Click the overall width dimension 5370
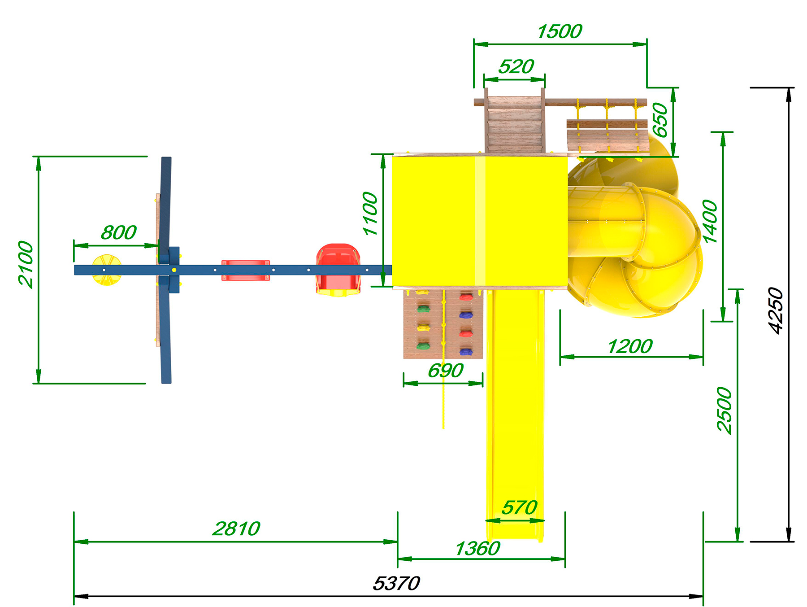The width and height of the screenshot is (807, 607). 396,583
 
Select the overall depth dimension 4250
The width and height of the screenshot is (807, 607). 776,310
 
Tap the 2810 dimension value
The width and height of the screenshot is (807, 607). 236,528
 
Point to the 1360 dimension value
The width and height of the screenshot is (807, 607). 477,549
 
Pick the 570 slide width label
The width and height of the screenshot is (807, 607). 519,507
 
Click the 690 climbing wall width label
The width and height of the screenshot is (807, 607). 445,371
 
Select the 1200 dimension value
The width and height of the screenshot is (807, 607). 630,346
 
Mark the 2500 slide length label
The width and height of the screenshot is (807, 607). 724,410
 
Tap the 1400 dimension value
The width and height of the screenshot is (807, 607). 710,222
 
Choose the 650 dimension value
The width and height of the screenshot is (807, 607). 660,120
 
